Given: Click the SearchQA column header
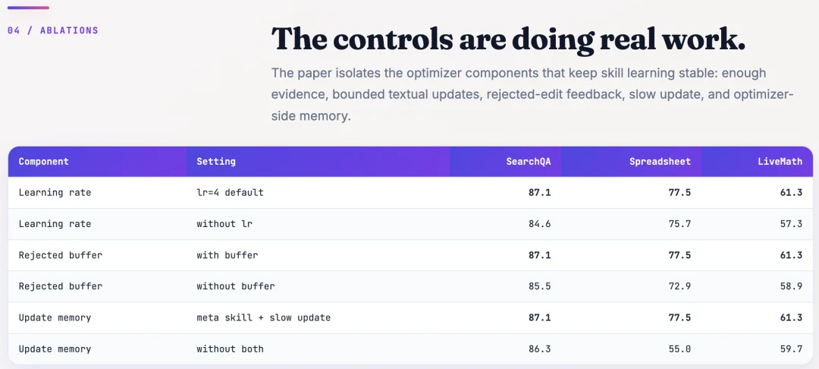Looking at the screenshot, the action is tap(528, 162).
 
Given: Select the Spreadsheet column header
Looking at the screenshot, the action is tap(661, 162).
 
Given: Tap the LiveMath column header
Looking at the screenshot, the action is tap(780, 162).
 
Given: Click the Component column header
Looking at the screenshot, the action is tap(43, 162).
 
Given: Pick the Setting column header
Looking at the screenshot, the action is tap(215, 162).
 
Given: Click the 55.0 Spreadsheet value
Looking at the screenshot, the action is tap(679, 348).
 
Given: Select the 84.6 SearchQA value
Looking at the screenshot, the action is tap(540, 224).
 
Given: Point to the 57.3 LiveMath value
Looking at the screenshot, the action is tap(791, 224).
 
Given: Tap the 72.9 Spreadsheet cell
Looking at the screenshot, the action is tap(679, 286).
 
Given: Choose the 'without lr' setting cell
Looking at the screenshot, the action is tap(224, 224).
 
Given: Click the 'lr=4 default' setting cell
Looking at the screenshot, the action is tap(230, 192).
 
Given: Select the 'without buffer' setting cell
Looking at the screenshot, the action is tap(236, 286).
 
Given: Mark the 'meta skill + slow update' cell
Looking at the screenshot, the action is tap(263, 318).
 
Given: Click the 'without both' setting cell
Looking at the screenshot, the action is tap(230, 348).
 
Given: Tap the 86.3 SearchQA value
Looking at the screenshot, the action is tap(540, 348).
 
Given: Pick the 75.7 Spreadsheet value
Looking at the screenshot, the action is tap(679, 224).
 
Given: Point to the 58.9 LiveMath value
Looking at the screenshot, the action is tap(791, 286).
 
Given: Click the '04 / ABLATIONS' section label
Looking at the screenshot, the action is tap(53, 30).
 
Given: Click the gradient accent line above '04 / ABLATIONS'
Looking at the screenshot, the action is tap(28, 8).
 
